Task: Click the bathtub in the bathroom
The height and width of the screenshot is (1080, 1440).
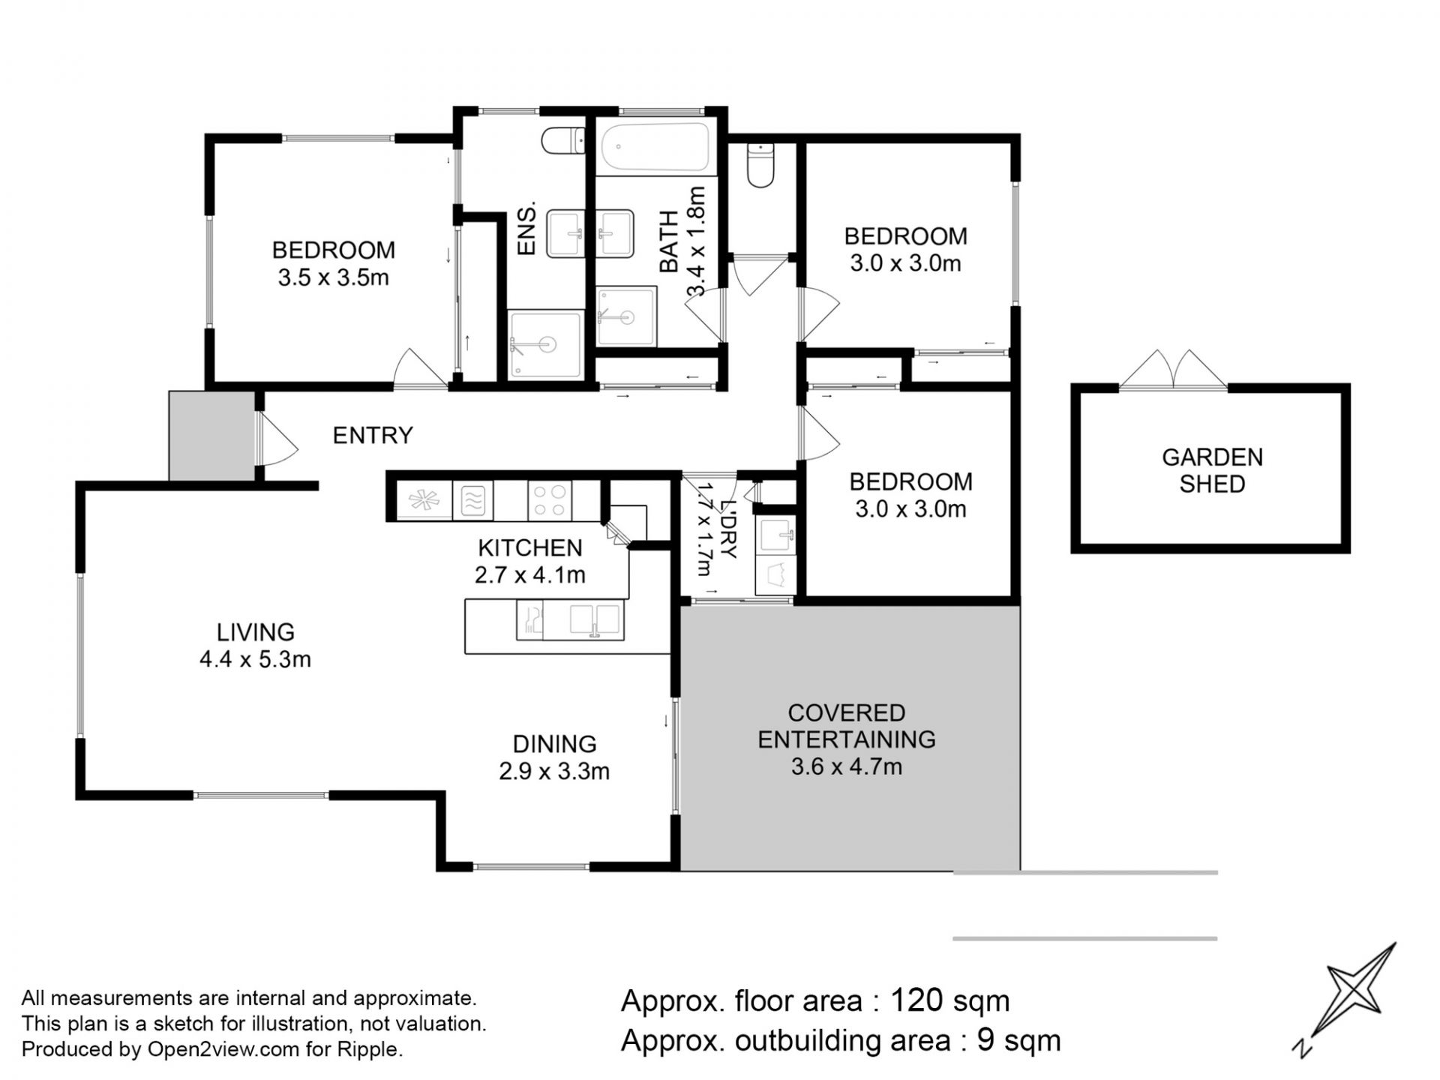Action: pyautogui.click(x=655, y=147)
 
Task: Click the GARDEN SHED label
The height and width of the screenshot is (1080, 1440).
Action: pyautogui.click(x=1212, y=470)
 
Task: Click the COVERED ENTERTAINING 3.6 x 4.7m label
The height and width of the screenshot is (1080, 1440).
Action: pyautogui.click(x=847, y=739)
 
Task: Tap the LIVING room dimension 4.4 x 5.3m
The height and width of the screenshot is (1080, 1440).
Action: pyautogui.click(x=255, y=659)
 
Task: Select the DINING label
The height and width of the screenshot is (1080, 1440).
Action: pyautogui.click(x=554, y=744)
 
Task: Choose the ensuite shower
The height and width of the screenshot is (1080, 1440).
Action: pyautogui.click(x=545, y=344)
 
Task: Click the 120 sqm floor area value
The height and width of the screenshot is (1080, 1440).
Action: pyautogui.click(x=950, y=1000)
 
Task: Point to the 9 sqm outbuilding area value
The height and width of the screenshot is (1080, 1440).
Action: pyautogui.click(x=1019, y=1040)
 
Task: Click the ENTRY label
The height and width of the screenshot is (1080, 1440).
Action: pyautogui.click(x=373, y=435)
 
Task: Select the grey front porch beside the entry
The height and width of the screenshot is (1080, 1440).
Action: pyautogui.click(x=211, y=435)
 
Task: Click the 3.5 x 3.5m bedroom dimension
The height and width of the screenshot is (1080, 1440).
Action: pyautogui.click(x=333, y=277)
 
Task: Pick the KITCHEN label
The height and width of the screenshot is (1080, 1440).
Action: pyautogui.click(x=529, y=547)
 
